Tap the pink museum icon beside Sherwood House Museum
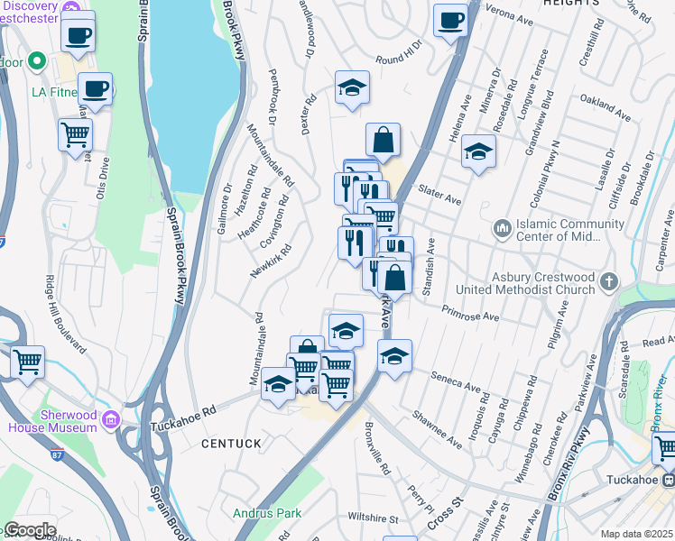click(x=111, y=420)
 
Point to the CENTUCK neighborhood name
click(x=231, y=444)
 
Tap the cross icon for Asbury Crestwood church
click(x=609, y=281)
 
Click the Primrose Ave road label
click(x=470, y=313)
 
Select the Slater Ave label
click(x=440, y=190)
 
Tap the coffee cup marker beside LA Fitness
click(x=95, y=88)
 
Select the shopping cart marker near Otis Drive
click(x=75, y=134)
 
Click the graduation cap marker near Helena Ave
click(x=478, y=151)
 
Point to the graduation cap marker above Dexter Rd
click(x=352, y=87)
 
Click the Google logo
click(x=29, y=530)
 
